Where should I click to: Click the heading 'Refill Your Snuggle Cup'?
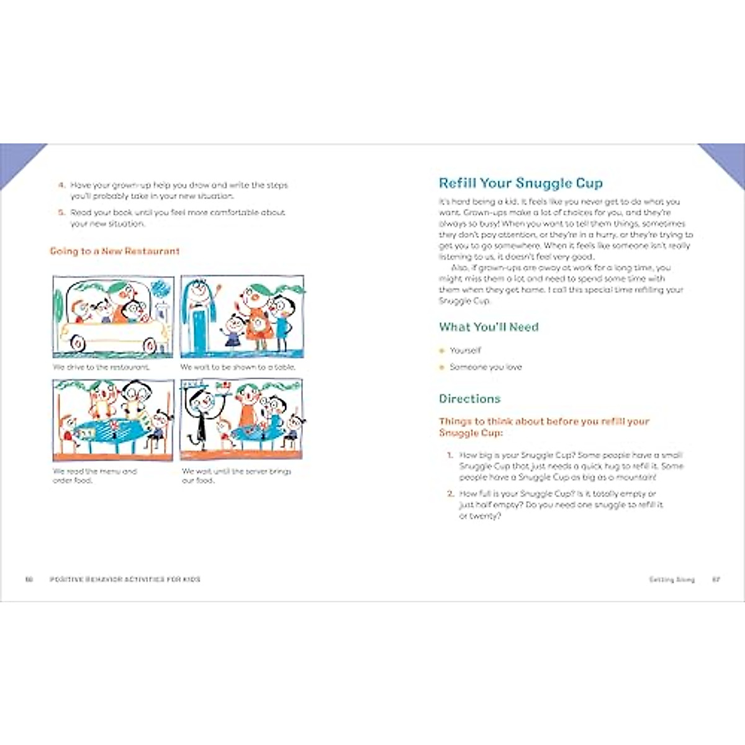click(520, 183)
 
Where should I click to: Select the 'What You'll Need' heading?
click(489, 327)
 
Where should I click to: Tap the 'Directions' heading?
click(469, 399)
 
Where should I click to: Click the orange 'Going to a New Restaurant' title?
click(114, 251)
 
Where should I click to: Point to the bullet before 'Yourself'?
click(442, 351)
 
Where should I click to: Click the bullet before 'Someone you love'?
click(442, 368)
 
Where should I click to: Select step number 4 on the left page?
click(61, 185)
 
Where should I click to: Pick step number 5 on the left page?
click(61, 212)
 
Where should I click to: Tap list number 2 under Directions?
click(451, 494)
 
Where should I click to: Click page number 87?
click(716, 580)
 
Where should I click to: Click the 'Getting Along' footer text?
click(672, 580)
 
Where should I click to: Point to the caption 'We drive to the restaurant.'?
click(101, 368)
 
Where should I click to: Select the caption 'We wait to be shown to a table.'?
click(238, 368)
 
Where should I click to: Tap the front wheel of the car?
click(150, 345)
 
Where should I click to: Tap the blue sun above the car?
click(160, 287)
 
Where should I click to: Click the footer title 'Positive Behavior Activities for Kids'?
click(125, 580)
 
